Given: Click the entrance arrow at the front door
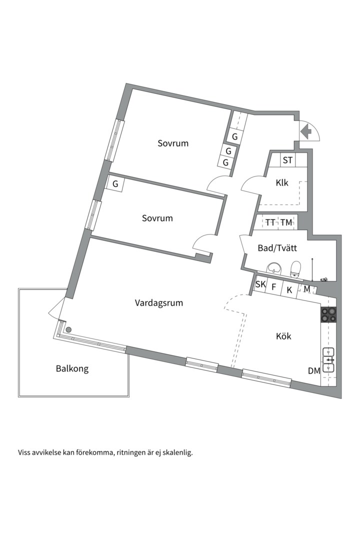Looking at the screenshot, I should coord(306,132).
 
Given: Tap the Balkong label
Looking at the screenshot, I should coord(72,369).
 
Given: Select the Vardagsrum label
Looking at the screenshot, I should coord(159,302).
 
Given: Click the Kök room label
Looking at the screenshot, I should coord(283,336).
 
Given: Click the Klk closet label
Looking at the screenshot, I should coord(282,182).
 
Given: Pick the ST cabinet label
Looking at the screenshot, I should coord(287,160).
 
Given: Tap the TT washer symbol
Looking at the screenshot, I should coord(270,222).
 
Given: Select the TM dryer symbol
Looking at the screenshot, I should coord(286,222).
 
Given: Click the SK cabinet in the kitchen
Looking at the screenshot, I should coord(260,285).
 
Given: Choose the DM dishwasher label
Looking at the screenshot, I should coord(314,371).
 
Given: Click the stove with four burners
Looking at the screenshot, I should coord(328,313).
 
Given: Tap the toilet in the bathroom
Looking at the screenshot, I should coord(295,269).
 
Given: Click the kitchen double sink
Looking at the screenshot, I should coord(328,359).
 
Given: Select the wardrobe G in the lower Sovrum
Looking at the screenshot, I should coord(115,183).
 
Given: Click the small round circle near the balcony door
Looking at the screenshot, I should coord(69,329).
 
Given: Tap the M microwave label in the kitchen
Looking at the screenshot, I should coord(306,289).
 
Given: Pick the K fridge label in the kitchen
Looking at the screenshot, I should coord(289,288).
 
